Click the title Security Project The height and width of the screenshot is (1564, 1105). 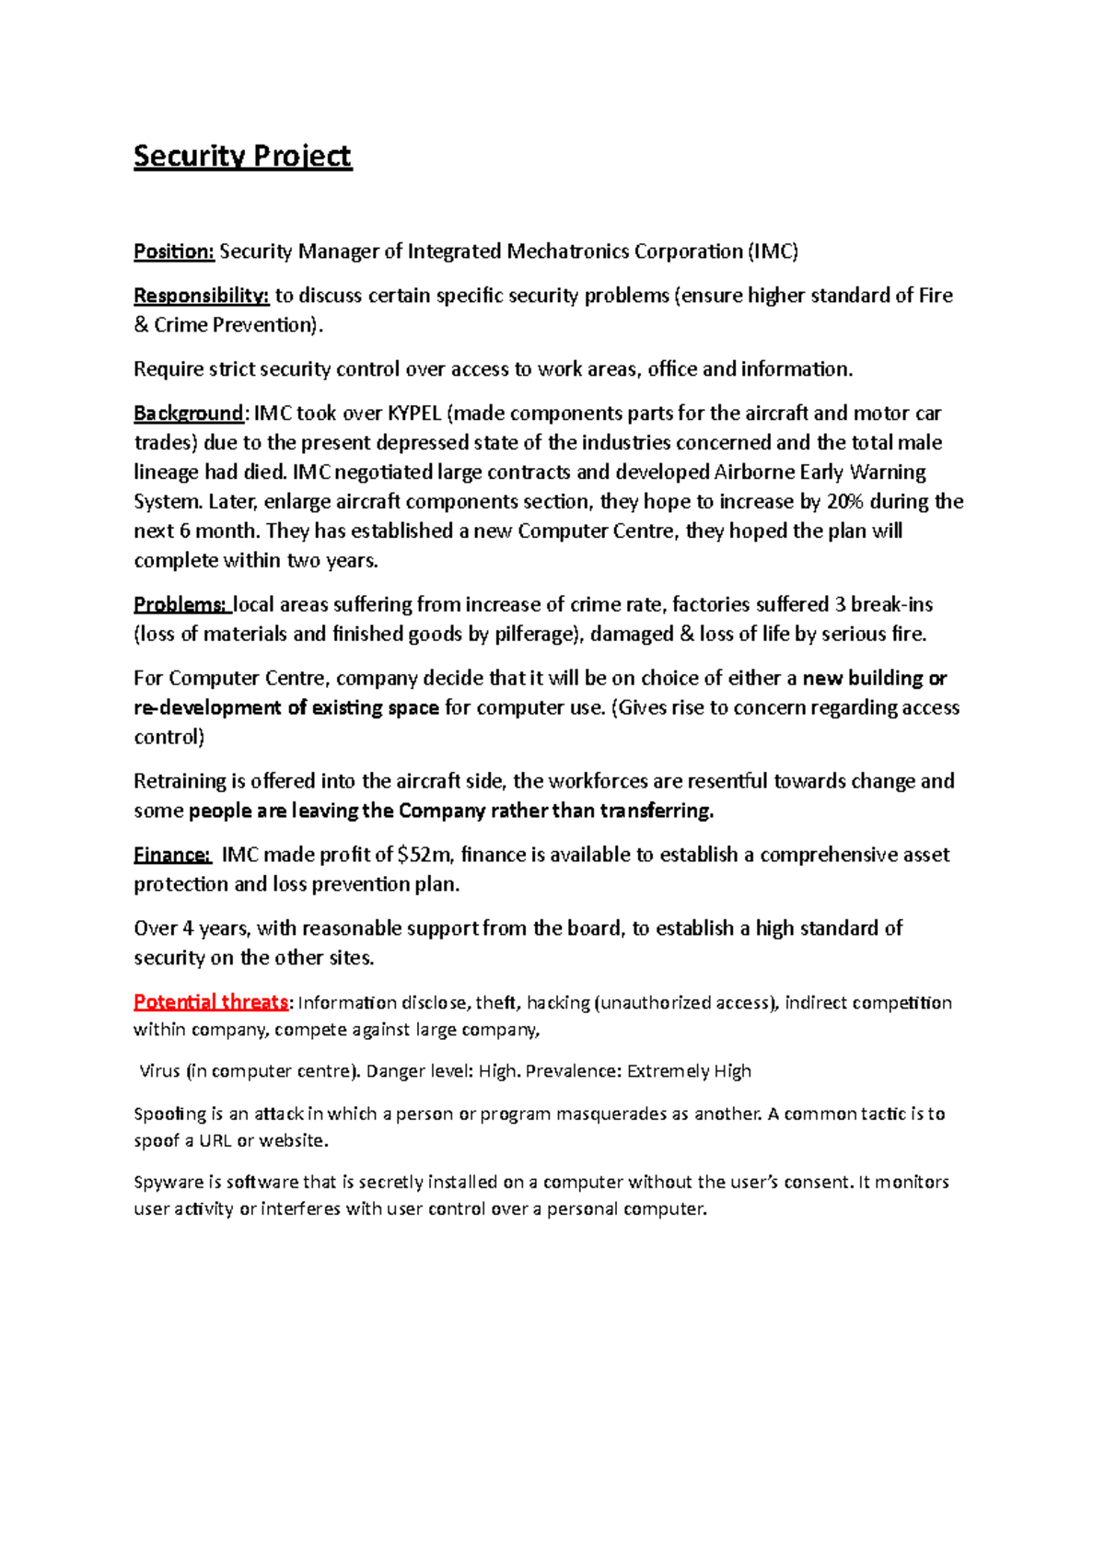coord(242,157)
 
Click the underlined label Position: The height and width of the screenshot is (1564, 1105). coord(174,251)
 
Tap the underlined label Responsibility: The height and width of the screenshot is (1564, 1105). coord(201,296)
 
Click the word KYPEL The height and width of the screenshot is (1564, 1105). coord(413,414)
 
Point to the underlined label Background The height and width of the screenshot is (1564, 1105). coord(188,414)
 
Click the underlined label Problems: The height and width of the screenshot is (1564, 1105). coord(180,605)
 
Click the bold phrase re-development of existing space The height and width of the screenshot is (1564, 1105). coord(286,708)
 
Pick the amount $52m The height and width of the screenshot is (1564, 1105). coord(425,855)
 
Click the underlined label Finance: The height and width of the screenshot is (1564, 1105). coord(172,855)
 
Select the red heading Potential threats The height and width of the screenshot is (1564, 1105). coord(211,1002)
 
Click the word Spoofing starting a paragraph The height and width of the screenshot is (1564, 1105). coord(170,1115)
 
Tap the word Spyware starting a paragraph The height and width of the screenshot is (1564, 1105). coord(169,1183)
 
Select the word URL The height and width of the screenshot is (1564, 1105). coord(215,1141)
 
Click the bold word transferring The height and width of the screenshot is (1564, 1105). coord(657,811)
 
